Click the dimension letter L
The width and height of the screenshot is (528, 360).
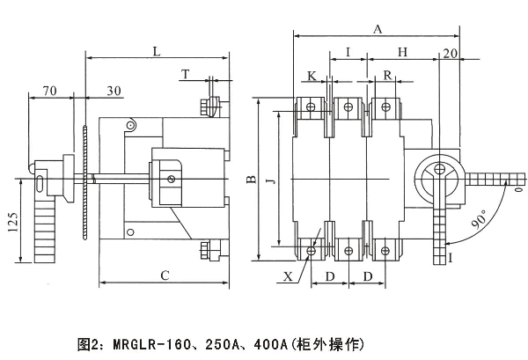coord(156,52)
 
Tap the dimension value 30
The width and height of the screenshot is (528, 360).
coord(114,91)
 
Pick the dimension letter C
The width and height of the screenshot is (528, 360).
coord(165,275)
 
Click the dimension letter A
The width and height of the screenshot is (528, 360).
coord(378,29)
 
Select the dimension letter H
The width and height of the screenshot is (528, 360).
coord(402,53)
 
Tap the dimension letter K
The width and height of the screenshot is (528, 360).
coord(312,76)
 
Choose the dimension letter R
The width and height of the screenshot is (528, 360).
coord(388,76)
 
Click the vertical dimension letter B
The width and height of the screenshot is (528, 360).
coord(251,180)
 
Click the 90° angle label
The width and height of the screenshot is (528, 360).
coord(480,221)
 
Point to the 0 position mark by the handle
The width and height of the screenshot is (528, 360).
coord(519,187)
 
